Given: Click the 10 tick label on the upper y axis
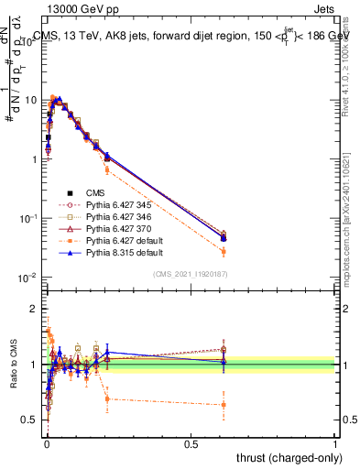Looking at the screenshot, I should tap(31, 100).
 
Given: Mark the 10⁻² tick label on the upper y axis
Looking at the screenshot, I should tap(27, 278).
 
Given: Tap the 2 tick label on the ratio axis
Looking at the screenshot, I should tap(35, 309).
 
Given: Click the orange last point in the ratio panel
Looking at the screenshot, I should tap(224, 404).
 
